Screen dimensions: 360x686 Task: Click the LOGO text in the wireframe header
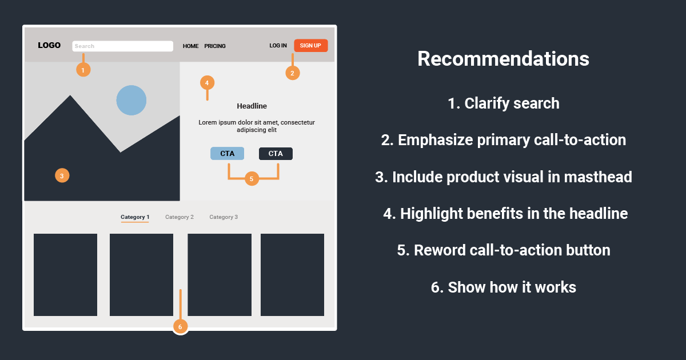(x=49, y=45)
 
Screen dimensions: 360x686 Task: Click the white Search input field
(x=122, y=46)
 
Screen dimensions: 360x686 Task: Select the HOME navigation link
(x=190, y=46)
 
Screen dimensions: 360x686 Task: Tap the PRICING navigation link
(x=215, y=46)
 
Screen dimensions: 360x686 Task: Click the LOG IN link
(x=278, y=46)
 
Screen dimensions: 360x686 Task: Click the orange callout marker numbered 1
(x=83, y=70)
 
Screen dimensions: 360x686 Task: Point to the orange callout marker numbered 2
(x=292, y=73)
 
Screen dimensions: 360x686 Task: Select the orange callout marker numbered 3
(x=62, y=175)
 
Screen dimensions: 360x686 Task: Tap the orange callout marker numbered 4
(x=207, y=82)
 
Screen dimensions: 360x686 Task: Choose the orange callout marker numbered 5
(x=252, y=179)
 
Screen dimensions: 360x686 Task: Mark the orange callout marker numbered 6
(x=180, y=327)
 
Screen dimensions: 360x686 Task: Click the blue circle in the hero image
(x=131, y=100)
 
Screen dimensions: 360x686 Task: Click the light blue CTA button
(x=227, y=153)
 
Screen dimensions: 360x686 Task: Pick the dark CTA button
(x=276, y=153)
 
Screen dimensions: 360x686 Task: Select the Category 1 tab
(x=135, y=217)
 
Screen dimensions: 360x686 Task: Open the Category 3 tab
(x=224, y=217)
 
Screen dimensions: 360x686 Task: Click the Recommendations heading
(x=503, y=59)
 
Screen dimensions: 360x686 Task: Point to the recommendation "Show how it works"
(x=503, y=287)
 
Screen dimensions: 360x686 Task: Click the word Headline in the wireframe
(x=252, y=106)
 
